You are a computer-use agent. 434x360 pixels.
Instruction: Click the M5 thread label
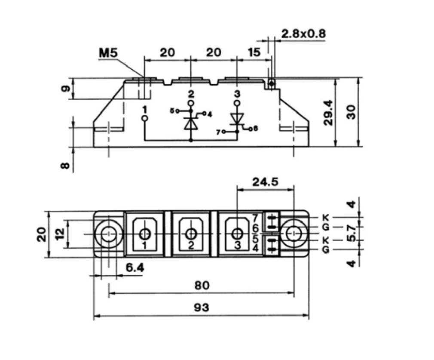pyautogui.click(x=108, y=53)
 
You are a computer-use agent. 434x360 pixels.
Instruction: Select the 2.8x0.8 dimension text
pyautogui.click(x=303, y=34)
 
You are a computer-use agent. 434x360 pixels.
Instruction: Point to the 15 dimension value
pyautogui.click(x=254, y=52)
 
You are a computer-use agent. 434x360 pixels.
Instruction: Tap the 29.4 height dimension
pyautogui.click(x=328, y=113)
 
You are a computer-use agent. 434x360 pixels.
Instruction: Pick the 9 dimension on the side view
pyautogui.click(x=65, y=89)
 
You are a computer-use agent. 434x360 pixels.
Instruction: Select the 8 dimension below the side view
pyautogui.click(x=65, y=165)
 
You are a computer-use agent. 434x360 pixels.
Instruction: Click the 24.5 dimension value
pyautogui.click(x=265, y=182)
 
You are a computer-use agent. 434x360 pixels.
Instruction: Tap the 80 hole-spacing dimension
pyautogui.click(x=202, y=285)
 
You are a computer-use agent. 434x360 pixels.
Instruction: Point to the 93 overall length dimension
pyautogui.click(x=202, y=308)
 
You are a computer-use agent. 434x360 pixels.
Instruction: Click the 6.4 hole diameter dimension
pyautogui.click(x=135, y=268)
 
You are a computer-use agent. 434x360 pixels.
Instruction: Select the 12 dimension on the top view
pyautogui.click(x=60, y=234)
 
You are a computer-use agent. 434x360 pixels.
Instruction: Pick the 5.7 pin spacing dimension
pyautogui.click(x=351, y=234)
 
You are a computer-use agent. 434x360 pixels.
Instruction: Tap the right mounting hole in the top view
pyautogui.click(x=294, y=234)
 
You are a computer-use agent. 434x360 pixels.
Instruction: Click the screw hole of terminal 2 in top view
pyautogui.click(x=191, y=234)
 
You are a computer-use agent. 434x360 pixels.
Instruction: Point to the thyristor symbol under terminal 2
pyautogui.click(x=191, y=122)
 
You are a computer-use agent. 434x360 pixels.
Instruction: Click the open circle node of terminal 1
pyautogui.click(x=145, y=118)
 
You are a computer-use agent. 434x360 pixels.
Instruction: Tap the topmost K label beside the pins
pyautogui.click(x=326, y=218)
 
